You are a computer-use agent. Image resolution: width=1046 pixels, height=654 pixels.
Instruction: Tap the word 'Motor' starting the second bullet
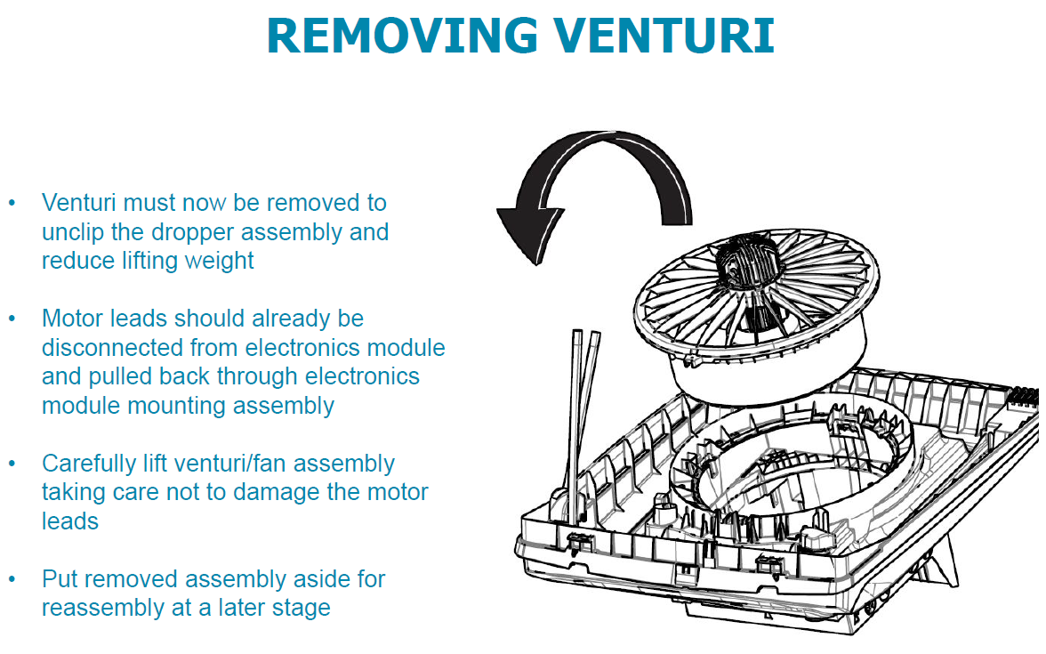(70, 318)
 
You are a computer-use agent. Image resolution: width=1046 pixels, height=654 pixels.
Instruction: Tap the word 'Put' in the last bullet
(59, 579)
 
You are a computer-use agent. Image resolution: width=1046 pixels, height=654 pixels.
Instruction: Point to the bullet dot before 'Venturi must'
(12, 203)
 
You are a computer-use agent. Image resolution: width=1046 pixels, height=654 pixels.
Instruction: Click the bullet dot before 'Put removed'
(12, 580)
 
